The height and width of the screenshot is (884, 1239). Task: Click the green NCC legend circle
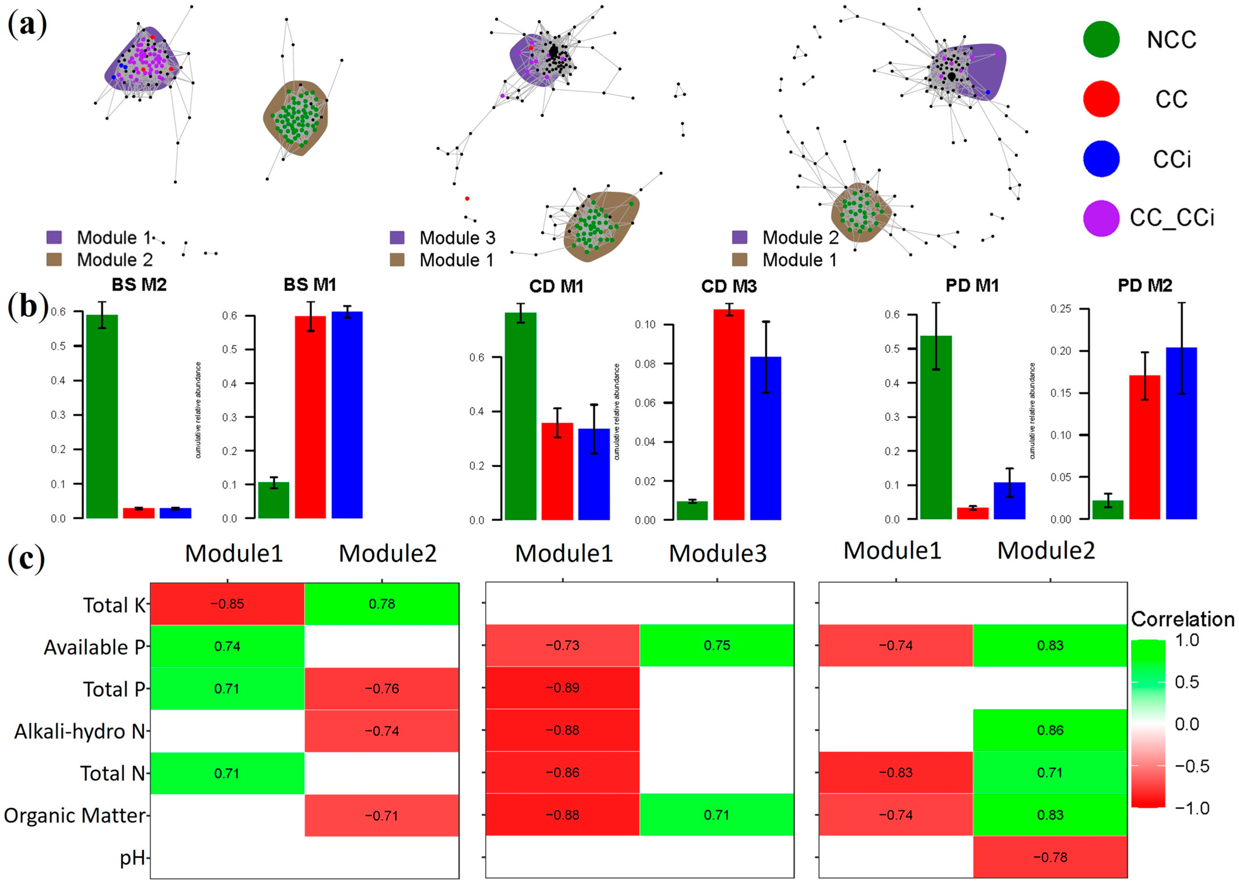(1101, 39)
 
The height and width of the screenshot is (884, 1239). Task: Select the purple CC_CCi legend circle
(1101, 218)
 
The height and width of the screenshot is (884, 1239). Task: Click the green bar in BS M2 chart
(102, 416)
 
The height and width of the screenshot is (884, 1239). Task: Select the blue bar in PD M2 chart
(1181, 433)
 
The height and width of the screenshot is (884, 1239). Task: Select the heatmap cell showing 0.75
(717, 646)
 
